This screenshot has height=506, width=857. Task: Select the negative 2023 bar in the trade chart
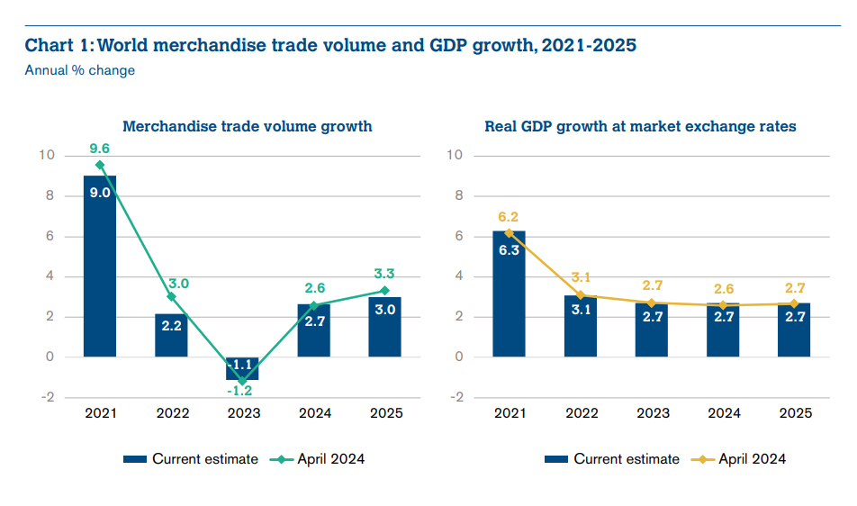tap(242, 368)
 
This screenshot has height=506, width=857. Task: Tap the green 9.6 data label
tap(99, 149)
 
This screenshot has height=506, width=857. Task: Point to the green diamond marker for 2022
tap(171, 296)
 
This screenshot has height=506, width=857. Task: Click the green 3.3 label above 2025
tap(384, 274)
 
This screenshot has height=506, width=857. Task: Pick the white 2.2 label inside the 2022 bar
tap(171, 326)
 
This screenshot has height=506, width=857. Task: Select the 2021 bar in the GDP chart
tap(510, 294)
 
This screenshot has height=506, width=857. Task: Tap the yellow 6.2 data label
tap(510, 216)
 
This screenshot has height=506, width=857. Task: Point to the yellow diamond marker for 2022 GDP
tap(581, 294)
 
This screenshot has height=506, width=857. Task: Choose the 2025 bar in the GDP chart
tap(794, 330)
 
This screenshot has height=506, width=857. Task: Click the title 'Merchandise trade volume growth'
tap(247, 127)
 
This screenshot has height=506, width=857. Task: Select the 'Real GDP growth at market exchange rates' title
tap(640, 127)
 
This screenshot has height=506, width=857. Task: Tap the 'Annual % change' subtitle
tap(80, 70)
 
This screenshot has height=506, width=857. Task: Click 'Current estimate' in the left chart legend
tap(204, 459)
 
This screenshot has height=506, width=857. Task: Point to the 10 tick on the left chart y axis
tap(47, 156)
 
